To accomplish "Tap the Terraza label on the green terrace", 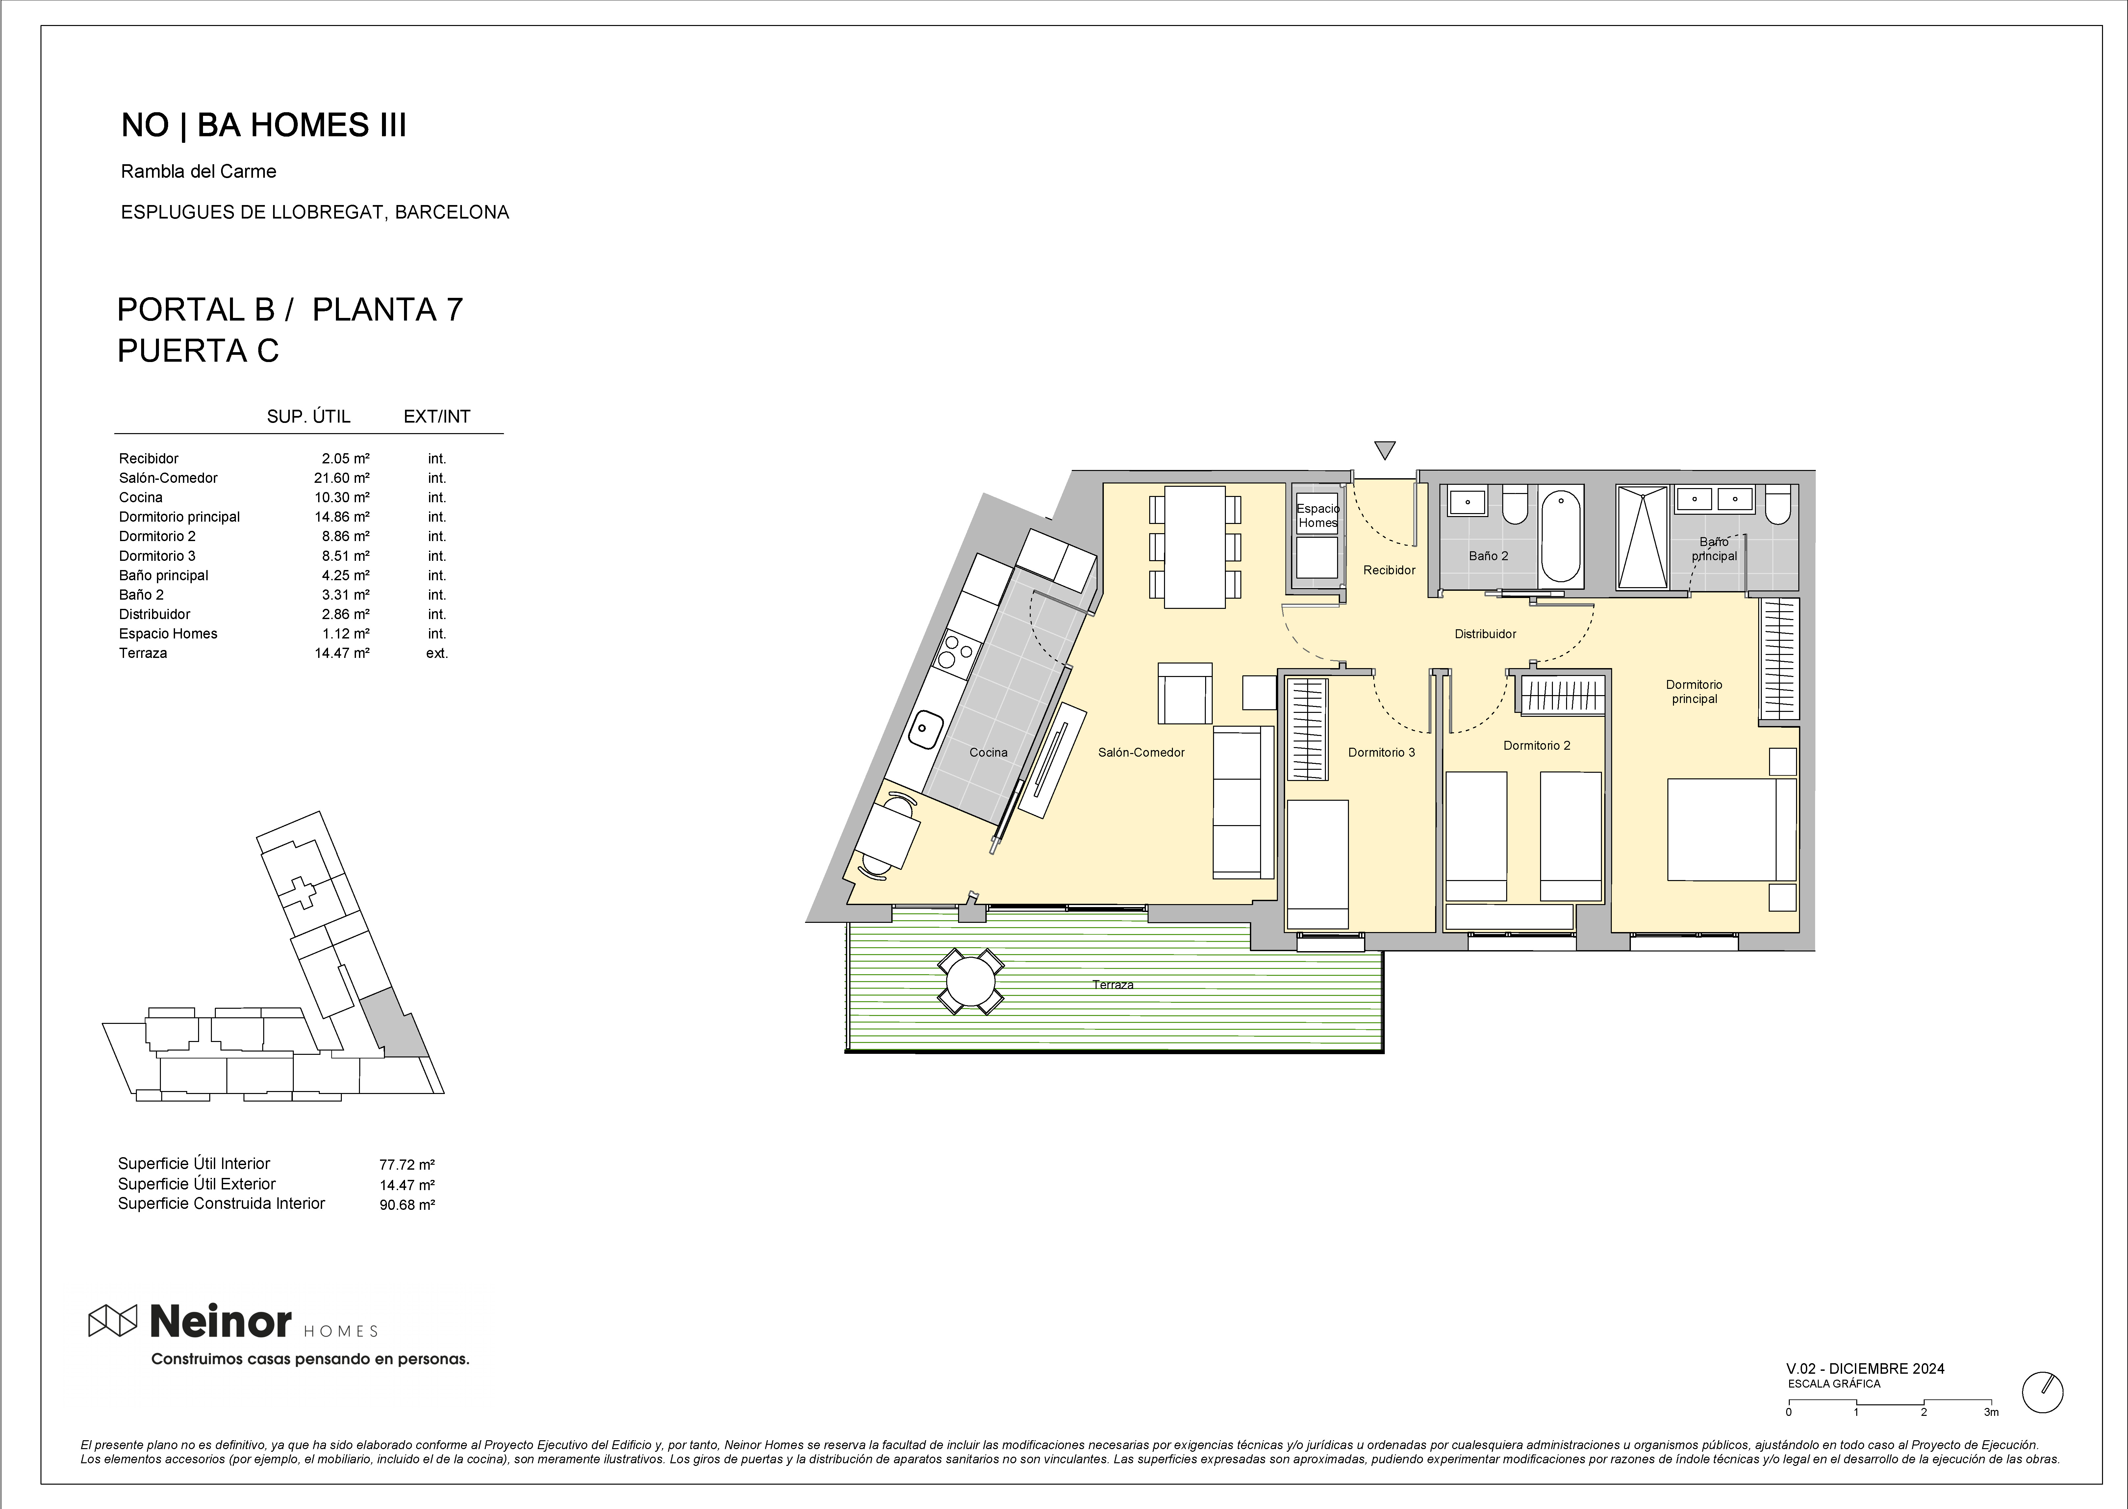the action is [x=1113, y=985].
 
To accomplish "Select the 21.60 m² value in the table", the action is [x=342, y=478].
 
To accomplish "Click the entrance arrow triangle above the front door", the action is [x=1385, y=451].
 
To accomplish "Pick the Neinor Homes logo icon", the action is [x=113, y=1320].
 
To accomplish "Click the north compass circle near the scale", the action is [x=2042, y=1393].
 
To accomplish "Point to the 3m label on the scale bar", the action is [x=1990, y=1412].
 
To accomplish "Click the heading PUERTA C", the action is [x=198, y=351].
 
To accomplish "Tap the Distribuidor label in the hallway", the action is [x=1485, y=634].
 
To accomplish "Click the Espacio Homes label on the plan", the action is [x=1318, y=516].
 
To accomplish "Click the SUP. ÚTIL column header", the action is [x=308, y=416].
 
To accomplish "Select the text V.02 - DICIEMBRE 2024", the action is [x=1865, y=1369].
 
